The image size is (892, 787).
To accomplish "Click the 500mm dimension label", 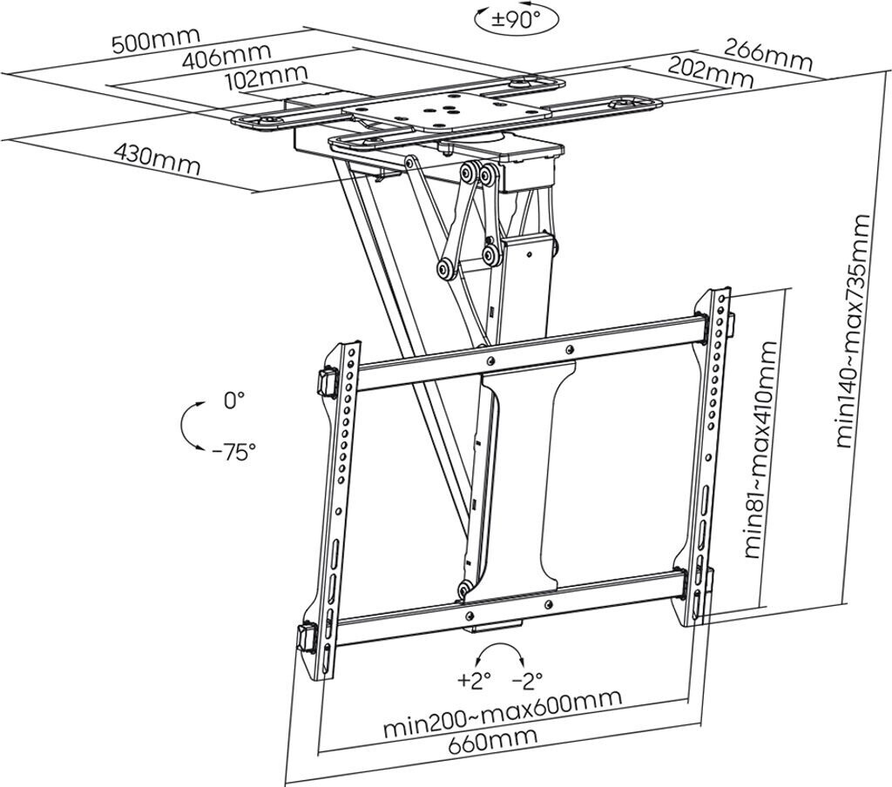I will (x=155, y=39).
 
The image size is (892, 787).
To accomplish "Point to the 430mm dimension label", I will (x=157, y=158).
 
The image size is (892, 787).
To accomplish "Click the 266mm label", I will (x=769, y=57).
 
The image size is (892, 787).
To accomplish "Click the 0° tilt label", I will (x=233, y=400).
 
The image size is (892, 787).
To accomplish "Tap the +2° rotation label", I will (x=474, y=678).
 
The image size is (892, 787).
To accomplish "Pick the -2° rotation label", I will (x=527, y=678).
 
